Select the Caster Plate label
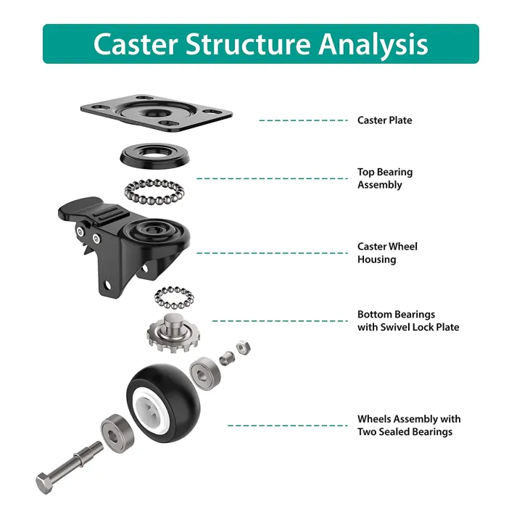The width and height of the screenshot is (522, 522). [x=384, y=120]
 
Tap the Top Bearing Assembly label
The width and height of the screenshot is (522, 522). [x=384, y=178]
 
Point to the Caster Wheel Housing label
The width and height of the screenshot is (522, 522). [x=387, y=253]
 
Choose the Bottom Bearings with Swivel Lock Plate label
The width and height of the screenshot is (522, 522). [x=407, y=320]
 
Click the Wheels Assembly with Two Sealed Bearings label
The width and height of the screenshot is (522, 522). [x=408, y=426]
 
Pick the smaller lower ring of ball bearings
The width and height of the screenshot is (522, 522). [x=175, y=297]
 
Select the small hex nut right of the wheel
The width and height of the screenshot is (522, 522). [x=244, y=347]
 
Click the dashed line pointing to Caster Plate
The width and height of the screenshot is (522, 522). [x=303, y=120]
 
